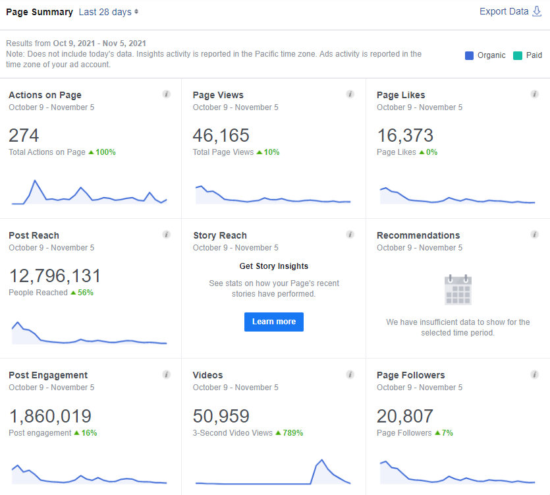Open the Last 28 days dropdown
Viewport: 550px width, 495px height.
tap(109, 12)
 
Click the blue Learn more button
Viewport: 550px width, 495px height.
tap(274, 322)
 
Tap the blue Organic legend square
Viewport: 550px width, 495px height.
tap(469, 55)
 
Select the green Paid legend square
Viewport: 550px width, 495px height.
tap(517, 55)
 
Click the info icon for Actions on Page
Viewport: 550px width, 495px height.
tap(166, 94)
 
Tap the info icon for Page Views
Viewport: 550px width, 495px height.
tap(350, 94)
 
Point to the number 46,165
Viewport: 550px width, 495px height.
tap(221, 136)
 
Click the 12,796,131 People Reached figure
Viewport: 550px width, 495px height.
tap(55, 276)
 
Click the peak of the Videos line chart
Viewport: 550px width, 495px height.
tap(321, 459)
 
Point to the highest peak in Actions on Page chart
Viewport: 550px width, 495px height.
tap(35, 181)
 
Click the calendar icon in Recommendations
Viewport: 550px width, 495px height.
tap(458, 289)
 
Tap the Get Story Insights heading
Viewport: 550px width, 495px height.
tap(274, 266)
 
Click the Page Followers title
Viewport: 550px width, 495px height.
tap(411, 375)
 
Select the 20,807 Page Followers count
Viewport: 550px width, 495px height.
tap(405, 417)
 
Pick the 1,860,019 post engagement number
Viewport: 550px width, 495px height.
tap(50, 417)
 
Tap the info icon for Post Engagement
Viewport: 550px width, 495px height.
tap(166, 374)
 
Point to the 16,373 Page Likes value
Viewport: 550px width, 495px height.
tap(405, 136)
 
